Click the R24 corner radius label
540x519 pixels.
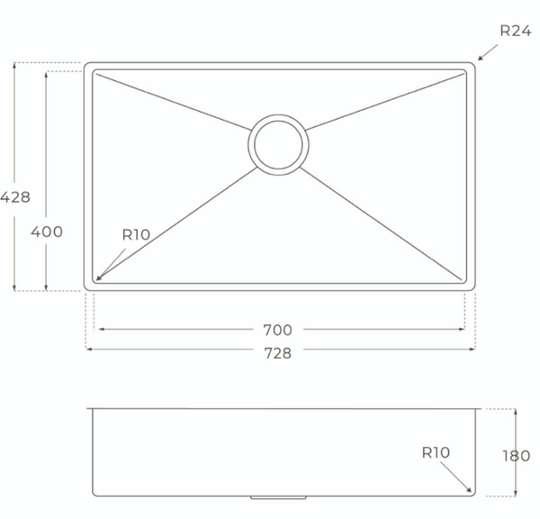pos(516,31)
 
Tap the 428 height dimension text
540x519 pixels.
pos(15,197)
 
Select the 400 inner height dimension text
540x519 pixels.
pos(47,232)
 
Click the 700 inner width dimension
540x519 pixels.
pos(277,330)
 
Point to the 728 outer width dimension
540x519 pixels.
pos(277,353)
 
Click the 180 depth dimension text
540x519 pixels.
pos(517,456)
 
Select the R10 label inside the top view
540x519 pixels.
pos(137,235)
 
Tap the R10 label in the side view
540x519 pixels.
pos(436,452)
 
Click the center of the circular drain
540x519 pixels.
pos(278,145)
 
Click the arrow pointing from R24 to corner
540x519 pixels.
pos(488,52)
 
